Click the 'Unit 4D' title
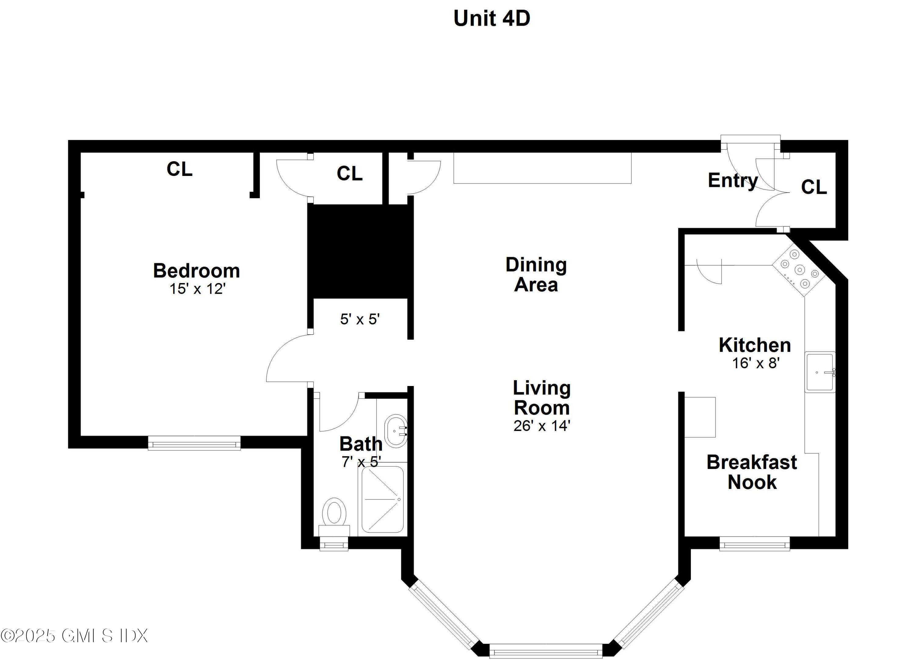[x=492, y=19]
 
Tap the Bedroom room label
[x=196, y=271]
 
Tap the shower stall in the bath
[x=382, y=500]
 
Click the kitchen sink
[x=820, y=372]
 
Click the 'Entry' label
[x=732, y=180]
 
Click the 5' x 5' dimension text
[x=360, y=319]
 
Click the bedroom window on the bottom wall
[x=194, y=443]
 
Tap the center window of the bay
[x=546, y=651]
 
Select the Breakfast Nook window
[x=754, y=544]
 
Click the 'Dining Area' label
[x=536, y=275]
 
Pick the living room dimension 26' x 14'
[x=542, y=426]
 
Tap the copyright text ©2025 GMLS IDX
[x=74, y=635]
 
